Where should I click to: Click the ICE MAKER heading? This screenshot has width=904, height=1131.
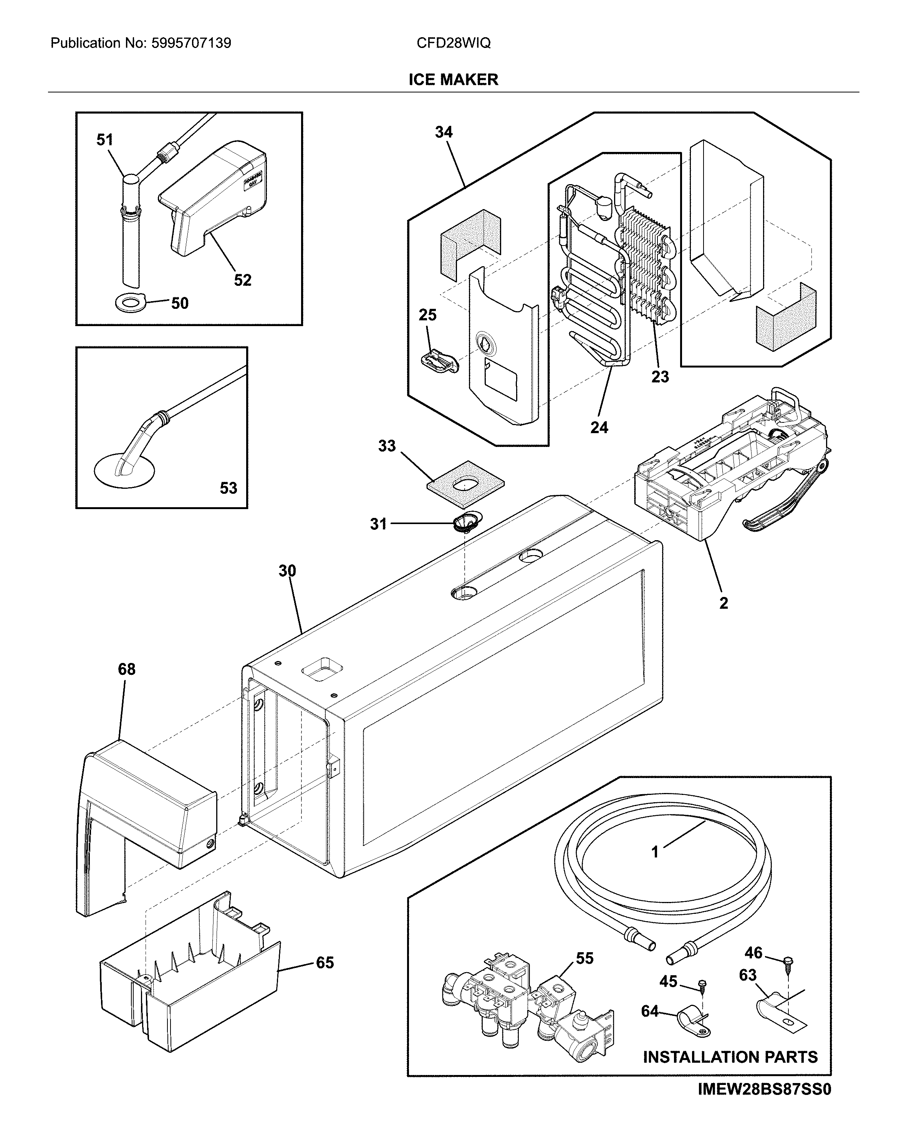pos(453,80)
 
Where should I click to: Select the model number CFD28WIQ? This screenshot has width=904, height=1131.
pos(453,43)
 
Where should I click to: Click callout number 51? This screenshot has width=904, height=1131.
pos(104,140)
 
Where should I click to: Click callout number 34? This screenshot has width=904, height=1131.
pos(443,132)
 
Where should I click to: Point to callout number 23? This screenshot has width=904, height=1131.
pos(660,377)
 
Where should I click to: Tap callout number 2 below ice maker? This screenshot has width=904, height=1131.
pos(724,603)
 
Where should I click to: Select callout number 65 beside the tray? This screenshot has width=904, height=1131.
pos(325,963)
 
